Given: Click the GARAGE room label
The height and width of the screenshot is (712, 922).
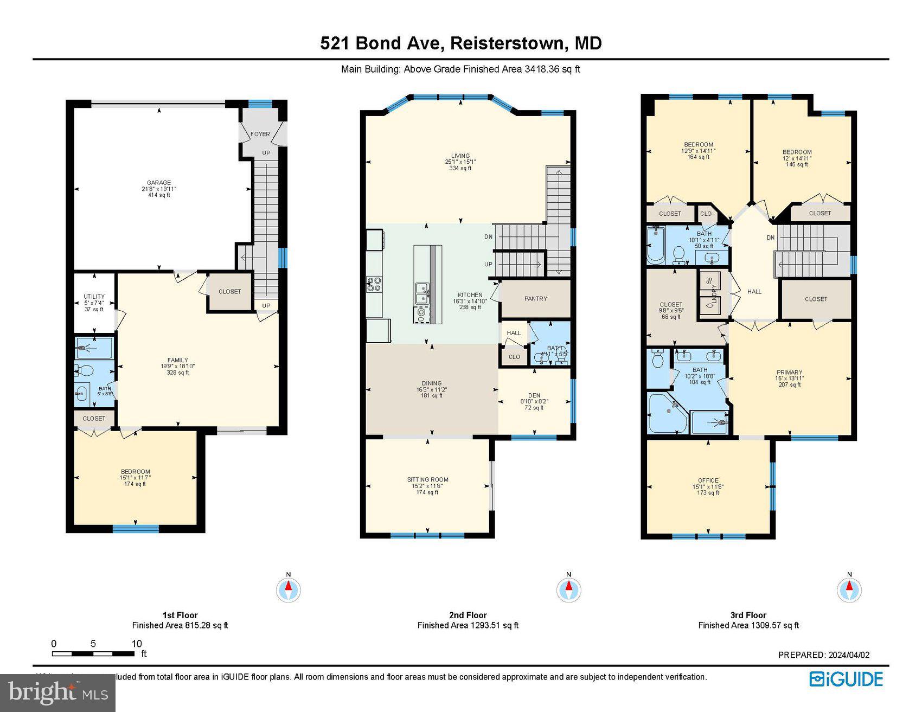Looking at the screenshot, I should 159,183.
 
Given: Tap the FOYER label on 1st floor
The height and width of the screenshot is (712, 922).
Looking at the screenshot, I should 260,134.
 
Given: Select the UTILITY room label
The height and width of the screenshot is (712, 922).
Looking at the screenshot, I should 94,297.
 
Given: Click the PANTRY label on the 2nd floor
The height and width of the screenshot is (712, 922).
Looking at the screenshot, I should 535,299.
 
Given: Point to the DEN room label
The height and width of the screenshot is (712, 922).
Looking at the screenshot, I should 534,395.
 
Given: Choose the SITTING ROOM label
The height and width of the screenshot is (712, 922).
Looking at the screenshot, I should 427,480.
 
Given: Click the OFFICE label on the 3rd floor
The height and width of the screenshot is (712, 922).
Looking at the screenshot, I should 708,480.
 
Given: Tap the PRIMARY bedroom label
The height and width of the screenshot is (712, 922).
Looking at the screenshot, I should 789,373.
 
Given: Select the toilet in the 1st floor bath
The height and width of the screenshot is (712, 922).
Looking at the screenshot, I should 85,371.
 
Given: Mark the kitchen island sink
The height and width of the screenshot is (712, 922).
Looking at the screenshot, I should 421,293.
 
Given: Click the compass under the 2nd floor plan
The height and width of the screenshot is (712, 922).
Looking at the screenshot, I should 568,589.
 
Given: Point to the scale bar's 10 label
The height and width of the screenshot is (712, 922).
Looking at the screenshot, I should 137,644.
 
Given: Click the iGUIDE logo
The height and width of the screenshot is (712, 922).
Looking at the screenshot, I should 846,679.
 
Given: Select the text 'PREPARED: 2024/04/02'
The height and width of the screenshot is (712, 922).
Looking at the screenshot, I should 823,655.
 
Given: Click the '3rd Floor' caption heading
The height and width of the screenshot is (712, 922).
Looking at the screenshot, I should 748,615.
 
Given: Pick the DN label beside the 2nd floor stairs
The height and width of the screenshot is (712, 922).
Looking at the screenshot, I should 488,237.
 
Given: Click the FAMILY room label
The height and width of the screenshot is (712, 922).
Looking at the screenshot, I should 177,360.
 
